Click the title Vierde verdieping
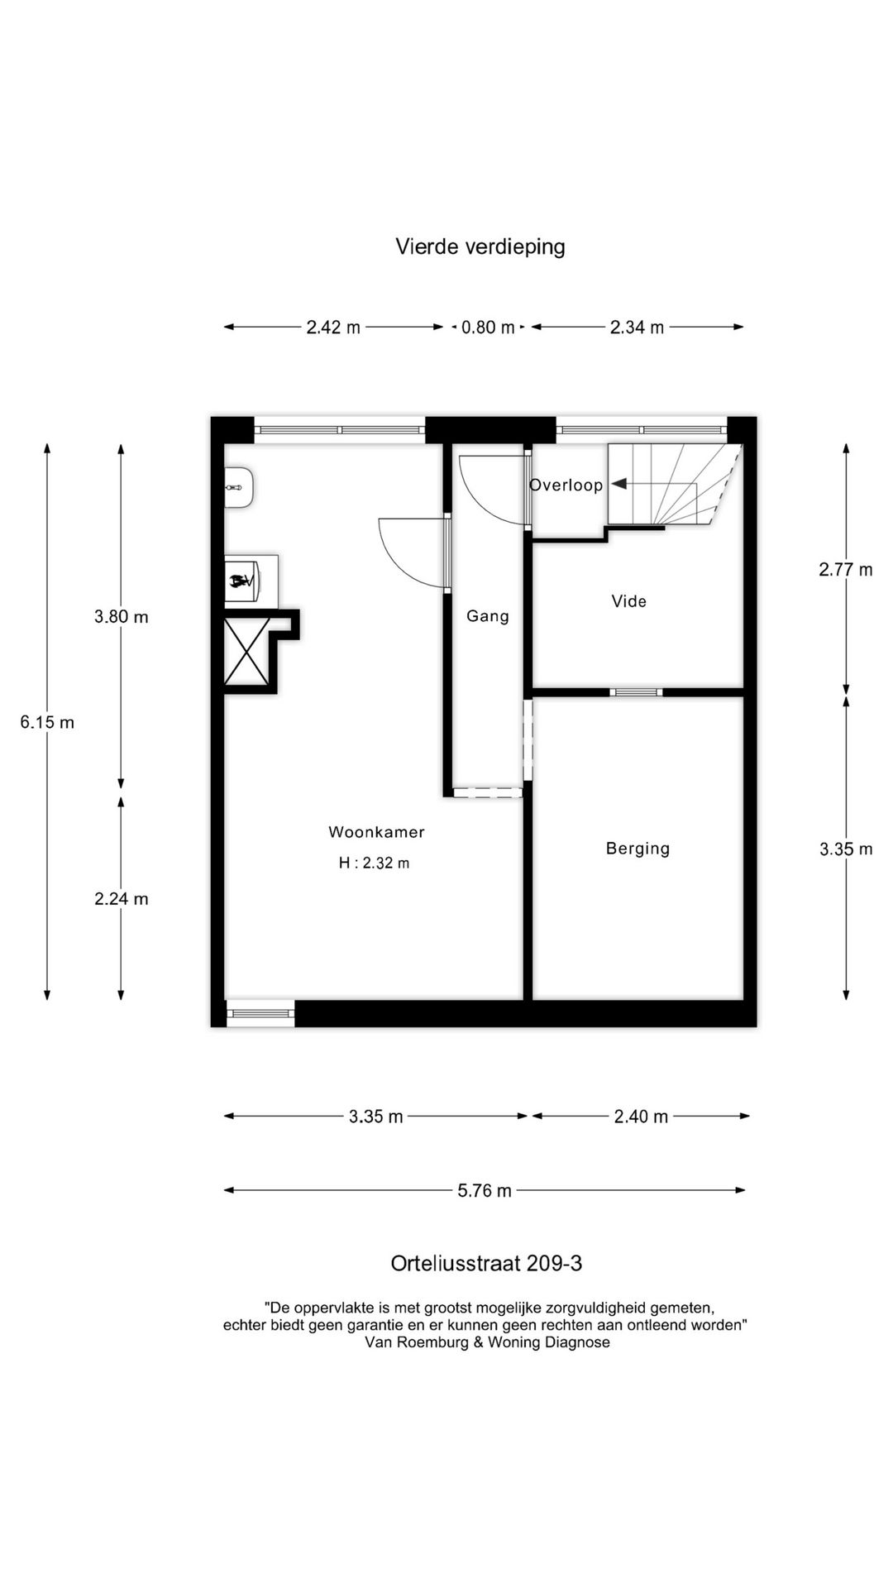tap(480, 246)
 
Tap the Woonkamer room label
tap(376, 832)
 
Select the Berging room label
tap(638, 848)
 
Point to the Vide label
tap(628, 601)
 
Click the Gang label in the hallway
tap(487, 615)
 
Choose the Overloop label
tap(566, 485)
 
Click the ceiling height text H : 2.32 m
tap(374, 863)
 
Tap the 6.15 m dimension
tap(47, 722)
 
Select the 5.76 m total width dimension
tap(485, 1191)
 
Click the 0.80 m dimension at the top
tap(488, 328)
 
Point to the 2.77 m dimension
tap(846, 569)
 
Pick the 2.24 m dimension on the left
tap(122, 899)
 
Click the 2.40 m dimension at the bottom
tap(641, 1117)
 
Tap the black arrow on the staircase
tap(618, 485)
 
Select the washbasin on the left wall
tap(239, 488)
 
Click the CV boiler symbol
tap(241, 581)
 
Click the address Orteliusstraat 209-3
tap(486, 1264)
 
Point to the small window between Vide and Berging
tap(636, 692)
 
